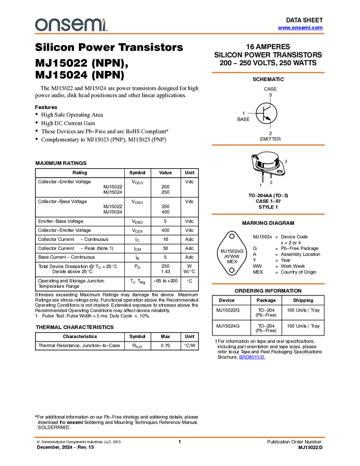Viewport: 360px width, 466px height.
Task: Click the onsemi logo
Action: [x=71, y=25]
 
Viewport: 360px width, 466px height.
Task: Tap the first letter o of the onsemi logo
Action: [x=41, y=25]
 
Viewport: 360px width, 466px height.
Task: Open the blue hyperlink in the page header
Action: [x=300, y=27]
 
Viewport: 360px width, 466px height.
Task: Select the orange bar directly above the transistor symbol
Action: [x=268, y=72]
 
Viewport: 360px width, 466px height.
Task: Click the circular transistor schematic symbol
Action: [x=266, y=113]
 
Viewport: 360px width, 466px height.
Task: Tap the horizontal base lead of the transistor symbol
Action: [x=260, y=113]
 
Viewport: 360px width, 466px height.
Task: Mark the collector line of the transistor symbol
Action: [x=268, y=108]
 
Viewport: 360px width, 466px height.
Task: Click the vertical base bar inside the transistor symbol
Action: [x=264, y=113]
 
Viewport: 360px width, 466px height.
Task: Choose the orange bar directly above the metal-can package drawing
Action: [x=268, y=145]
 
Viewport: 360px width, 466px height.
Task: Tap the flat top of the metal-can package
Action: [x=267, y=157]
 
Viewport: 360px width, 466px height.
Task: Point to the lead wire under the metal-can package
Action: [x=263, y=178]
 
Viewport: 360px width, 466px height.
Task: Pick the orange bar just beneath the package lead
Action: [x=268, y=214]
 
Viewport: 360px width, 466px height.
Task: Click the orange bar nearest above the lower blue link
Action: [x=268, y=283]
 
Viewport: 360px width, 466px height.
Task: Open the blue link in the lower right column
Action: [x=252, y=357]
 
